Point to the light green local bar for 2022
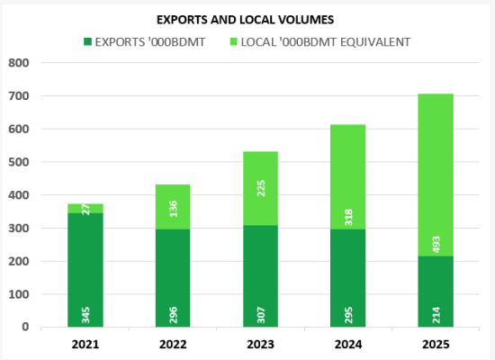point(173,207)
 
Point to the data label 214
point(436,314)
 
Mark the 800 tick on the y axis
point(19,63)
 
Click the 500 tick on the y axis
point(19,162)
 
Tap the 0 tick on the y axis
point(26,327)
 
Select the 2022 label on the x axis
point(174,344)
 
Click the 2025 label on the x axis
point(436,344)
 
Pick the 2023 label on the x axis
point(261,344)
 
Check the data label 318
point(348,216)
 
